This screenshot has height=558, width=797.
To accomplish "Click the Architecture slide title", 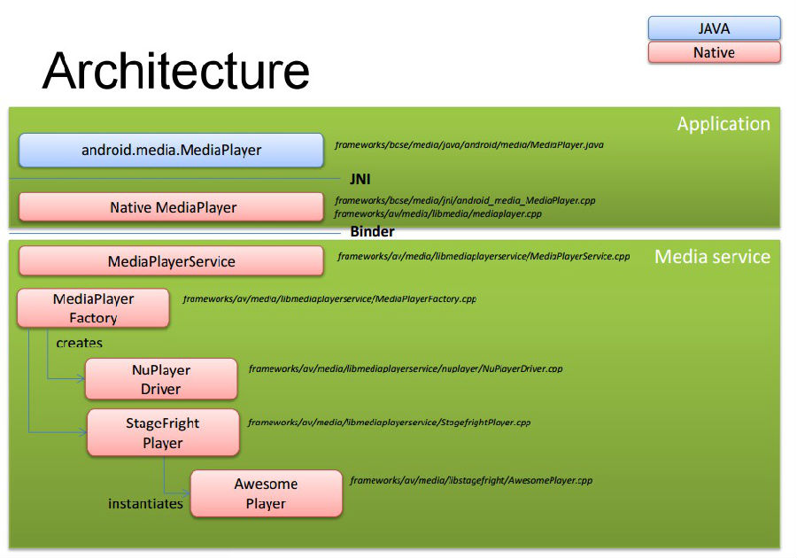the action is [176, 71].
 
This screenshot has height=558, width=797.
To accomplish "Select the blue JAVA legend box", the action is [714, 28].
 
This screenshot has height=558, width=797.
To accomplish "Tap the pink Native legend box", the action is [714, 52].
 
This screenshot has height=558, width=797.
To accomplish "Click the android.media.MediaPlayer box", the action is [171, 150].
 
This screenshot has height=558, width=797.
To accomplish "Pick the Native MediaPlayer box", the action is [171, 207].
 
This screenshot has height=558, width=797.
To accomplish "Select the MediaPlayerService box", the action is [171, 261].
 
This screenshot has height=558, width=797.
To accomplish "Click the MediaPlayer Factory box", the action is [94, 308].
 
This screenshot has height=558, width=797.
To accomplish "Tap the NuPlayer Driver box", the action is [161, 379].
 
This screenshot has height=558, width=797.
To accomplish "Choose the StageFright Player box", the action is [163, 432].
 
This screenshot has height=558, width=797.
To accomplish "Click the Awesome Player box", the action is [267, 493].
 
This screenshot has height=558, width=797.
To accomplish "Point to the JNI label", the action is [360, 180].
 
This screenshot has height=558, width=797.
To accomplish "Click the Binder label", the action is [372, 232].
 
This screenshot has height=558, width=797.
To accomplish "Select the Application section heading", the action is [723, 124].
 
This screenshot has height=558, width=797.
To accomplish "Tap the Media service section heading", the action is [712, 257].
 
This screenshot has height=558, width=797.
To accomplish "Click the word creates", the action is [80, 343].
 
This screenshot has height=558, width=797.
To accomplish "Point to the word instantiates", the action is [145, 504].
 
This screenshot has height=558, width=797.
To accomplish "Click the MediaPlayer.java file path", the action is [469, 145].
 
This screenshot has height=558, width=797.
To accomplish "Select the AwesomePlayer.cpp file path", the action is [471, 480].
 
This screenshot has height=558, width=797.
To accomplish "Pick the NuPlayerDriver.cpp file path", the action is [406, 368].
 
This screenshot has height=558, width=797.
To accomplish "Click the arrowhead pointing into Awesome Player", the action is [186, 493].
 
